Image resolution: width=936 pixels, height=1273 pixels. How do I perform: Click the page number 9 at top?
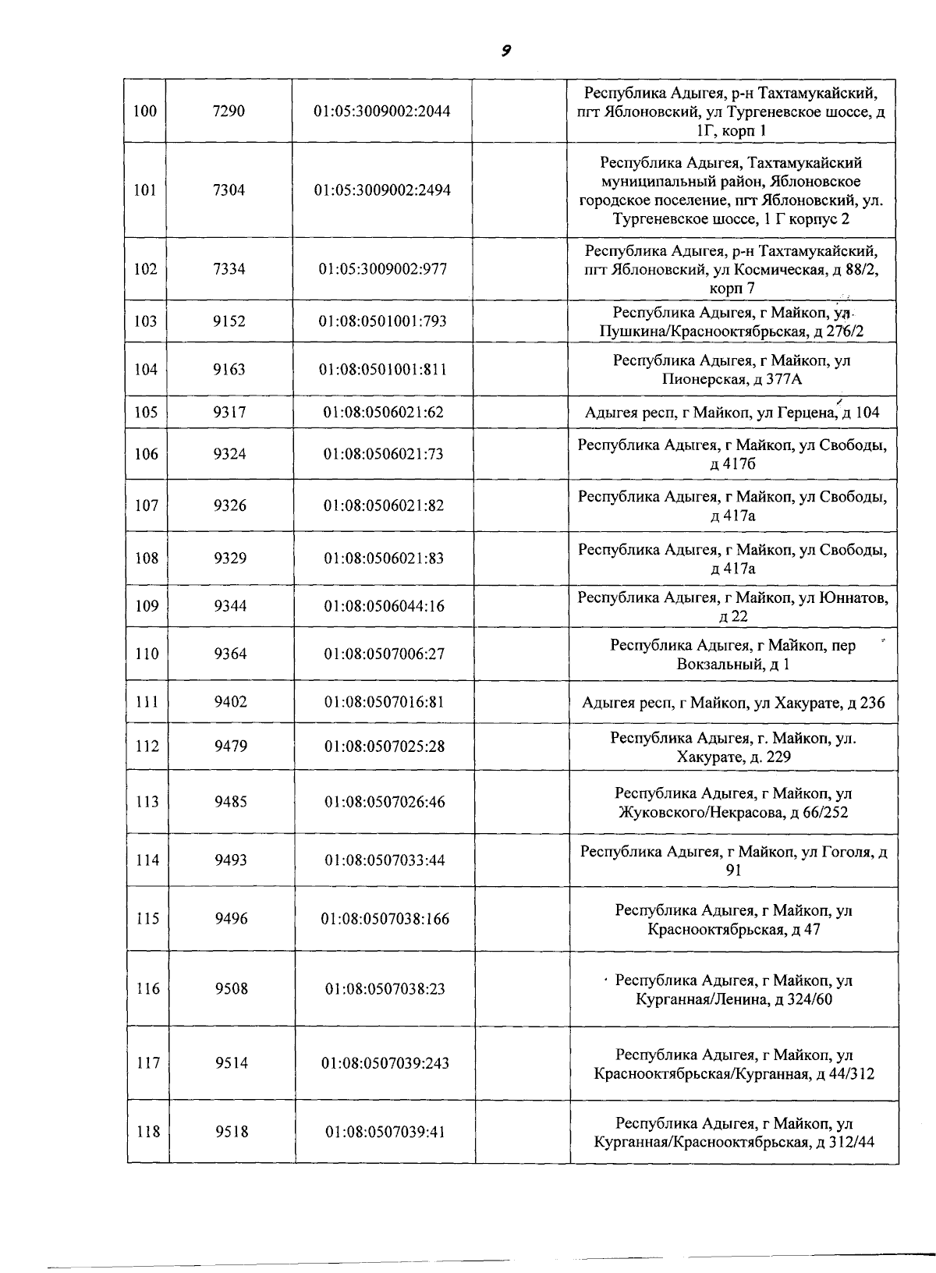(x=505, y=51)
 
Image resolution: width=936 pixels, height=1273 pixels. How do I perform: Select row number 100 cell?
(x=145, y=111)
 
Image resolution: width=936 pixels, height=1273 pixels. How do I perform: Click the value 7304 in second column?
(x=229, y=190)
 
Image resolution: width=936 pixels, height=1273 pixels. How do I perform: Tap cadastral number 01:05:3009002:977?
(x=382, y=269)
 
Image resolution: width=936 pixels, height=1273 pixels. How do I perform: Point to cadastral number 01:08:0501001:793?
(x=382, y=321)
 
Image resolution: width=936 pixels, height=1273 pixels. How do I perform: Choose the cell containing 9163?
(x=229, y=370)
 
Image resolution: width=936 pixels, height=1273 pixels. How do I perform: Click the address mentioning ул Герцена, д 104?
(x=732, y=413)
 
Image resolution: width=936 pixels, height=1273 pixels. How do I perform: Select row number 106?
(x=146, y=454)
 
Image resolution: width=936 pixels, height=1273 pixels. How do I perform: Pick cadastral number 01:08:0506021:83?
(x=383, y=558)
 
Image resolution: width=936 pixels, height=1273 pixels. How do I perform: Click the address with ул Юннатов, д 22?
(x=732, y=607)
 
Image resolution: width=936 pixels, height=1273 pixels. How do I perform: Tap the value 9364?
(x=230, y=654)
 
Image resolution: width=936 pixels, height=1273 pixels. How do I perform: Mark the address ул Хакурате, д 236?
(x=733, y=703)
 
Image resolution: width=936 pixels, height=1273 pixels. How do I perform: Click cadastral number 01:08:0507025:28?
(x=384, y=746)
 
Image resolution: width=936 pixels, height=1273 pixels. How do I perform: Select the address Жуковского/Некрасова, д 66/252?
(x=733, y=803)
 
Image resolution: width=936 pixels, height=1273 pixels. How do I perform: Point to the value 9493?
(x=231, y=860)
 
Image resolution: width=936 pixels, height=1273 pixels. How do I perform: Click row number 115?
(x=147, y=919)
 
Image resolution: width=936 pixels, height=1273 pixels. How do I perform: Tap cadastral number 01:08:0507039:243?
(x=385, y=1063)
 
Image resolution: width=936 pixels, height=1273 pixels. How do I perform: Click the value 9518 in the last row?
(x=232, y=1132)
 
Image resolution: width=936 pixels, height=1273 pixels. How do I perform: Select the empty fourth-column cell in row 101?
(x=519, y=190)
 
